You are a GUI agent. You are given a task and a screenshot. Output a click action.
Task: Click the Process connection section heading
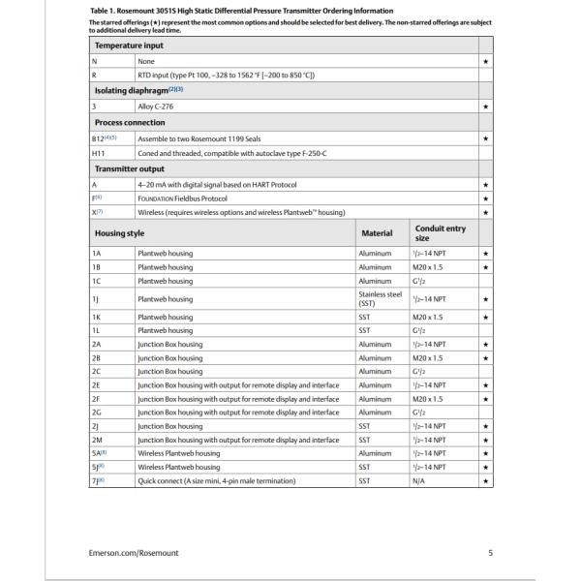130,123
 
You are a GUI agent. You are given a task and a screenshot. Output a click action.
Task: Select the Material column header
377,233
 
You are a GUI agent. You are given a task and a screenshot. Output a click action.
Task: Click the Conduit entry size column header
441,233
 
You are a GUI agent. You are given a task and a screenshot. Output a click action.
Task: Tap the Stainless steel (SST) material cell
380,299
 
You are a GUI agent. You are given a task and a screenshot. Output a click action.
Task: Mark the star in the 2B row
485,357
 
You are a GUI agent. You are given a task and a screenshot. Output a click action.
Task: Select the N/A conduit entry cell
421,480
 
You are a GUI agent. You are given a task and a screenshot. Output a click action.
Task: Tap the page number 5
490,553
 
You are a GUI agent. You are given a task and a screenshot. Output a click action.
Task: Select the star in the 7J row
485,480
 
